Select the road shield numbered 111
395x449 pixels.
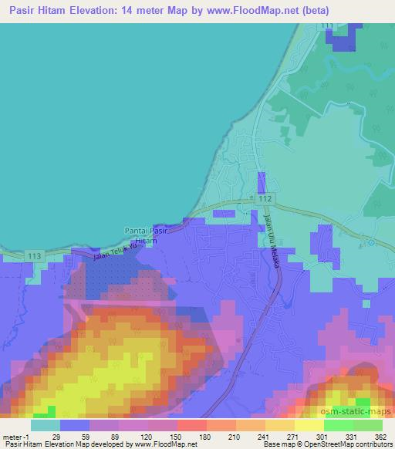[x=329, y=27]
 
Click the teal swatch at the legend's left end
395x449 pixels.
[x=45, y=424]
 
